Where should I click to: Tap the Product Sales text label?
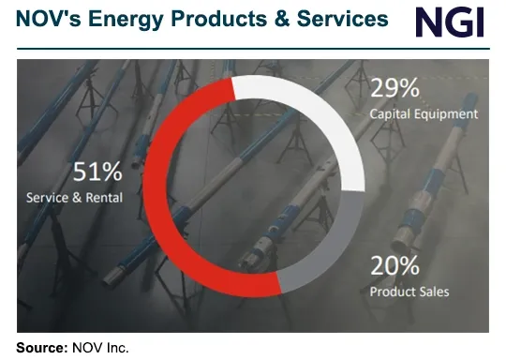click(x=409, y=292)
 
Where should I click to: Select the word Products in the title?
click(x=213, y=18)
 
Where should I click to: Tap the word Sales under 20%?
click(x=433, y=292)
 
